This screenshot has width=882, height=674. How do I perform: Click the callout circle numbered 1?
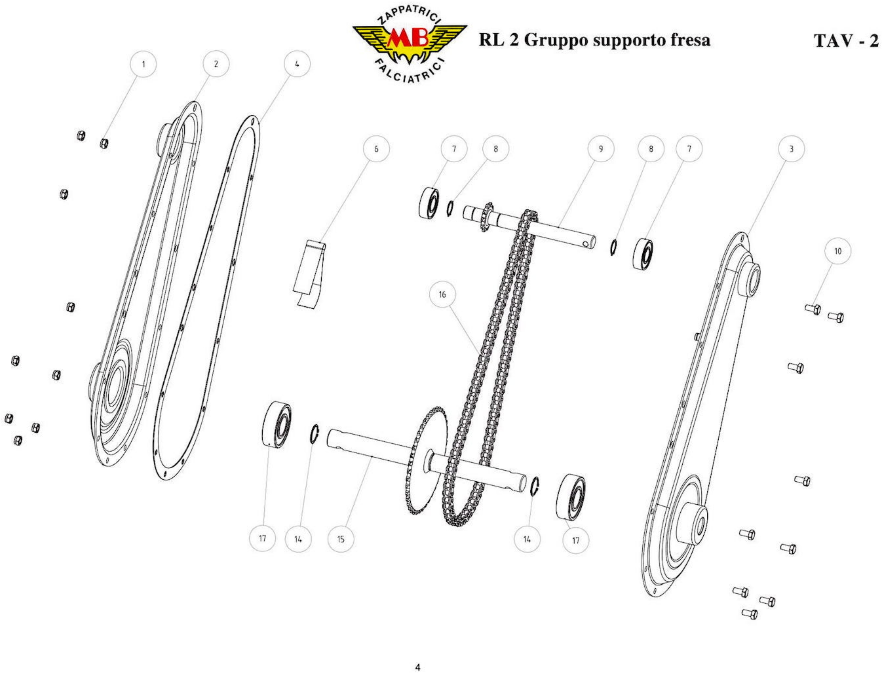point(143,64)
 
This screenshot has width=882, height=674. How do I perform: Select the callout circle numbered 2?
point(216,64)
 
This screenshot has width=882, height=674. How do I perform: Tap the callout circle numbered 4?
point(297,64)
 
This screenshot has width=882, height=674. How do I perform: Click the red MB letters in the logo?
point(409,40)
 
